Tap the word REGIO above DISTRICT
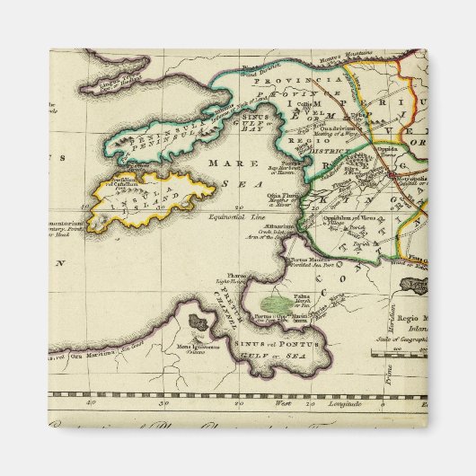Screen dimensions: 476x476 point(313,141)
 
